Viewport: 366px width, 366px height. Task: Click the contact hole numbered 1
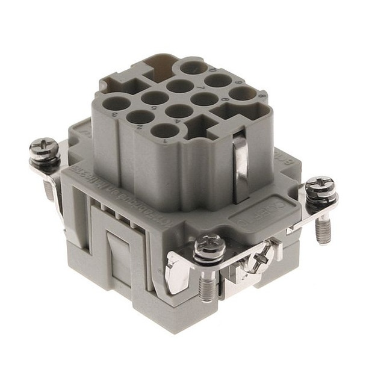164,131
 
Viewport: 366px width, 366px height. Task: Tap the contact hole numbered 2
140,117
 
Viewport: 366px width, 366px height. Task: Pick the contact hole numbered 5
155,98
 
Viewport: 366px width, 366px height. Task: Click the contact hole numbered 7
180,86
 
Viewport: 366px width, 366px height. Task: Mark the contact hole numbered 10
194,66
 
